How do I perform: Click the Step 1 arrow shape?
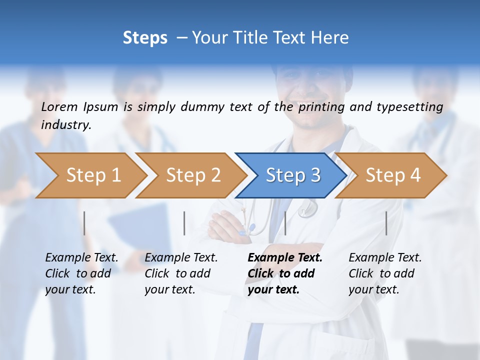point(93,175)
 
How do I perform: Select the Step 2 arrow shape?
point(193,175)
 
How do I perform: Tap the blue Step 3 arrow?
point(293,175)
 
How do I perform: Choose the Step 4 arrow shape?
point(393,175)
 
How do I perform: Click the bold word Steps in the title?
point(145,38)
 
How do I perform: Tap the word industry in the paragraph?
point(65,125)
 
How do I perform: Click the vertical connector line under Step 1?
point(84,223)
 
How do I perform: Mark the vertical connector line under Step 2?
point(184,223)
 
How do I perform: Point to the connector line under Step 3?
point(285,223)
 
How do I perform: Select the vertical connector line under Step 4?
point(386,223)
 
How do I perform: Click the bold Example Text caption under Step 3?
point(285,273)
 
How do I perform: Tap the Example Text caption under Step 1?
point(81,273)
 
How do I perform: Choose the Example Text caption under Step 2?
point(181,273)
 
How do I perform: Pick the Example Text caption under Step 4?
point(385,273)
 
